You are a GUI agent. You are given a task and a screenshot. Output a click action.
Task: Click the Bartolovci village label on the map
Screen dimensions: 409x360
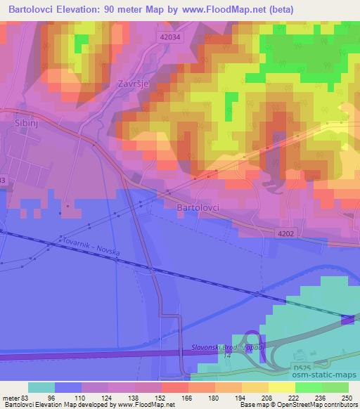tap(197, 209)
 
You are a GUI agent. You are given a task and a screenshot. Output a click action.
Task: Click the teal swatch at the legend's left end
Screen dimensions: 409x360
tap(41, 387)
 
